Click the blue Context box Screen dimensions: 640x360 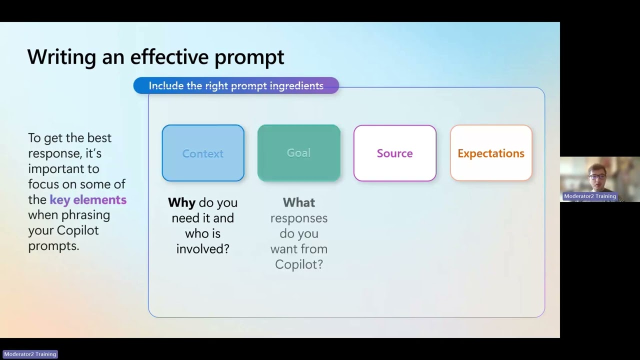203,153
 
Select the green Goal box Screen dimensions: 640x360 299,153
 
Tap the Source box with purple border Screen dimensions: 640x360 395,153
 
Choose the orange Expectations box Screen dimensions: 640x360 491,153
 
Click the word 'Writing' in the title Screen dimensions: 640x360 61,57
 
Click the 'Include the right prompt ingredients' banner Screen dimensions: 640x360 236,85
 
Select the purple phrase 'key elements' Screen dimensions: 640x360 88,199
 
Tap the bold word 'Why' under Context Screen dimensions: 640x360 181,203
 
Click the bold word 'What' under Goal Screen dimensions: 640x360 299,202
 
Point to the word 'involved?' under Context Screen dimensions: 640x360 203,249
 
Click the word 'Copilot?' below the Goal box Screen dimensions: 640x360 299,264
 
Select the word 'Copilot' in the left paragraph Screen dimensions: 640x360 77,230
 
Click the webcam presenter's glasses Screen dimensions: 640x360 597,177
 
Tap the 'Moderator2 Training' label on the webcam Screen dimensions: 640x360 589,196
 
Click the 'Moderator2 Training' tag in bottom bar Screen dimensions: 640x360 30,354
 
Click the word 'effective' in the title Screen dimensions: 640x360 169,56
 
